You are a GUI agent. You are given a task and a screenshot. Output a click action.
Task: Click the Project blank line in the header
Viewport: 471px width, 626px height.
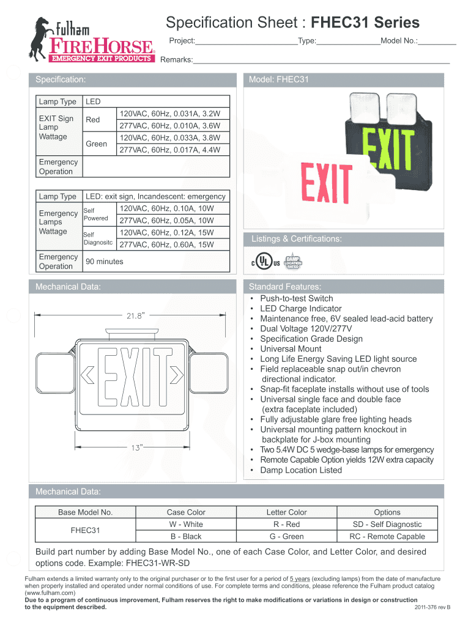246,42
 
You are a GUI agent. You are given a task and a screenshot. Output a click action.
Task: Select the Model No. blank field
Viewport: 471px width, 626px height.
437,42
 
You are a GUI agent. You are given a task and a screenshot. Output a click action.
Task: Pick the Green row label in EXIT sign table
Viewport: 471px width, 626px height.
97,144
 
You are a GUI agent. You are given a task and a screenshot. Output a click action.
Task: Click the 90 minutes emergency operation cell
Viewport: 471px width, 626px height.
105,262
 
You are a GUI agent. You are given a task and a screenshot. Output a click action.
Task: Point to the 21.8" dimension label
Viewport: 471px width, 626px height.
135,315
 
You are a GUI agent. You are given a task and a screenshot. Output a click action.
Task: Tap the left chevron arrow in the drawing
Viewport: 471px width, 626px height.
87,374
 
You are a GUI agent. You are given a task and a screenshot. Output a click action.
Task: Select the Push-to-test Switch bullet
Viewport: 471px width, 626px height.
296,298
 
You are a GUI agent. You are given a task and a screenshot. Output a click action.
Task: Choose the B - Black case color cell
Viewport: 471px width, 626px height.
186,536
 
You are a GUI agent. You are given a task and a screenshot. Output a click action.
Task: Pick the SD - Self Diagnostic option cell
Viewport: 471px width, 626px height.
387,524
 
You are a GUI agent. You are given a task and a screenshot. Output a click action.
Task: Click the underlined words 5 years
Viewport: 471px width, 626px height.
299,578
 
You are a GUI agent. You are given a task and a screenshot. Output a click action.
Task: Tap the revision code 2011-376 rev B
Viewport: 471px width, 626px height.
432,607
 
